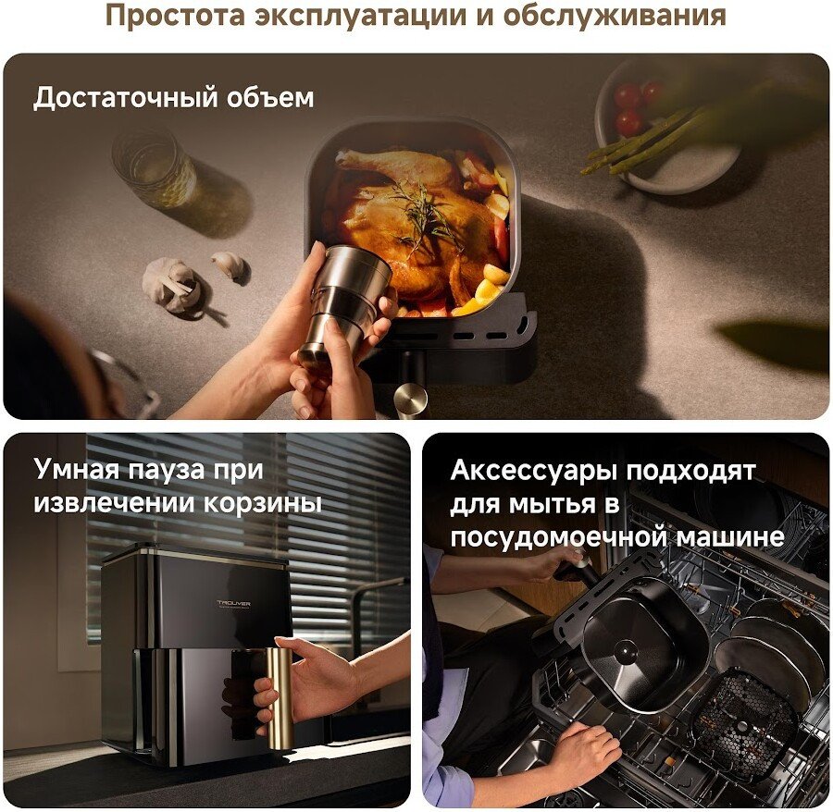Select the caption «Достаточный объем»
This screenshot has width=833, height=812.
(x=174, y=98)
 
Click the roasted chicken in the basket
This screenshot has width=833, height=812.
(x=409, y=223)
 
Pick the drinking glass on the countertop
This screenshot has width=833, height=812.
(x=154, y=167)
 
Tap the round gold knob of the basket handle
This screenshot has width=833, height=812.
(x=411, y=398)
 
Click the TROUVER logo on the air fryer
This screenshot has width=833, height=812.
(x=234, y=603)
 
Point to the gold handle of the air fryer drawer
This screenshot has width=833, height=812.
(x=280, y=698)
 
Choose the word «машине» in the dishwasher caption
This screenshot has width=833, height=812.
(x=730, y=537)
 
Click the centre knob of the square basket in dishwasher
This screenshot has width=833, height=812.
(x=626, y=651)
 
